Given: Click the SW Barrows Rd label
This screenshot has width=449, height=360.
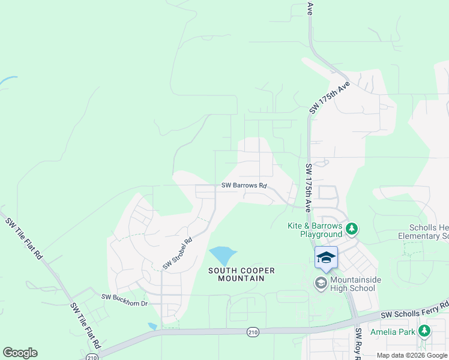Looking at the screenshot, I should click(244, 185).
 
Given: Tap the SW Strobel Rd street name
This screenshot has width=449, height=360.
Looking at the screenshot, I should click(177, 254).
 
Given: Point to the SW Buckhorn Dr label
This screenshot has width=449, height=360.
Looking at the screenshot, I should click(124, 296).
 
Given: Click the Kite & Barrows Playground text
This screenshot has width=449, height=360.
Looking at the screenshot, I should click(313, 230).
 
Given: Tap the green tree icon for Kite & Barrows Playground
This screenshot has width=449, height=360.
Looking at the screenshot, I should click(351, 228).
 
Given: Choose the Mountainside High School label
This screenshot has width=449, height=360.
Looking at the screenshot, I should click(352, 284).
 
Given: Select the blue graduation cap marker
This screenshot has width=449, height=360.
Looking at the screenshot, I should click(326, 257).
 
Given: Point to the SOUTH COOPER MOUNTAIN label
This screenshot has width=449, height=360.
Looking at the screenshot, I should click(241, 274).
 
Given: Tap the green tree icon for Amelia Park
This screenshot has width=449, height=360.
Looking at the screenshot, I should click(424, 331).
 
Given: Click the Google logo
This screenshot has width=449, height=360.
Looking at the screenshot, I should click(20, 353).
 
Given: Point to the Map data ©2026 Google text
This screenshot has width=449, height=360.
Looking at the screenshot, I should click(412, 355).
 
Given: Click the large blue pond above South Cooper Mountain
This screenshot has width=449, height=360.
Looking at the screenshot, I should click(221, 256).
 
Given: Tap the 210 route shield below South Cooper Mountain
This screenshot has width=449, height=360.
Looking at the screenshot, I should click(254, 331).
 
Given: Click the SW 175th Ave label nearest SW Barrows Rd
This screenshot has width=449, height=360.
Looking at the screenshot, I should click(308, 188).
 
